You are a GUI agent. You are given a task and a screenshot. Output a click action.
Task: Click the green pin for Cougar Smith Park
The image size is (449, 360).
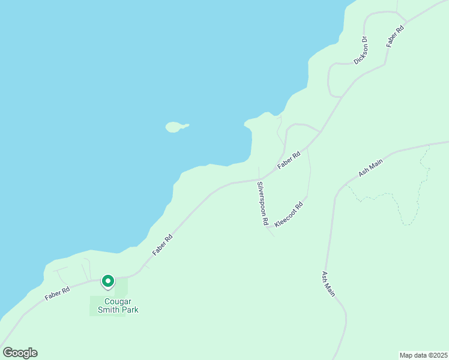[x=108, y=281]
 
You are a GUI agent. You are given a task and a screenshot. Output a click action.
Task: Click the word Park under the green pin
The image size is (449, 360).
[x=128, y=310]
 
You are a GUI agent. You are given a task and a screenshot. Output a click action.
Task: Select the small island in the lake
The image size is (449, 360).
[x=174, y=127]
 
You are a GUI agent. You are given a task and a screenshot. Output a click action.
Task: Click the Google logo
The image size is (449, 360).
[x=20, y=353]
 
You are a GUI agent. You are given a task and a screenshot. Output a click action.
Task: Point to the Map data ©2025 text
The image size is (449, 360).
[x=423, y=355]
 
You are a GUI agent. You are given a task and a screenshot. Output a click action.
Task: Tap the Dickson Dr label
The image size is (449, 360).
[x=360, y=50]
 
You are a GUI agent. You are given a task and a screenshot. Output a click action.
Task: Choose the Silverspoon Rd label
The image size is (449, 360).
[x=262, y=203]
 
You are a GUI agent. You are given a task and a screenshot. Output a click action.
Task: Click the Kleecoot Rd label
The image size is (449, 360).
[x=289, y=214]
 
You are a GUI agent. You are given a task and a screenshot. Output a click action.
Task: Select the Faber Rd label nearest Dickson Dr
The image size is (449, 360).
[x=396, y=36]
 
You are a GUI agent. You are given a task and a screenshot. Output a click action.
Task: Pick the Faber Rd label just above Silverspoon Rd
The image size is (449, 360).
[x=289, y=161]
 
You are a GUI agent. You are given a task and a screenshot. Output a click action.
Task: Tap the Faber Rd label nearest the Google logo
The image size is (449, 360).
[x=56, y=293]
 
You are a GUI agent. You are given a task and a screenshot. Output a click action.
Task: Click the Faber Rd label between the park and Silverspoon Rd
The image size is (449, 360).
[x=163, y=245]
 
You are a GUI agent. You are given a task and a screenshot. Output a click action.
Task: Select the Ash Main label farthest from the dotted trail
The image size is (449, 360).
[x=328, y=284]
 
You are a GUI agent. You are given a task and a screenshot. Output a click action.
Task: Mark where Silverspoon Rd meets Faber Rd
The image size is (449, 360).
[x=258, y=179]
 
